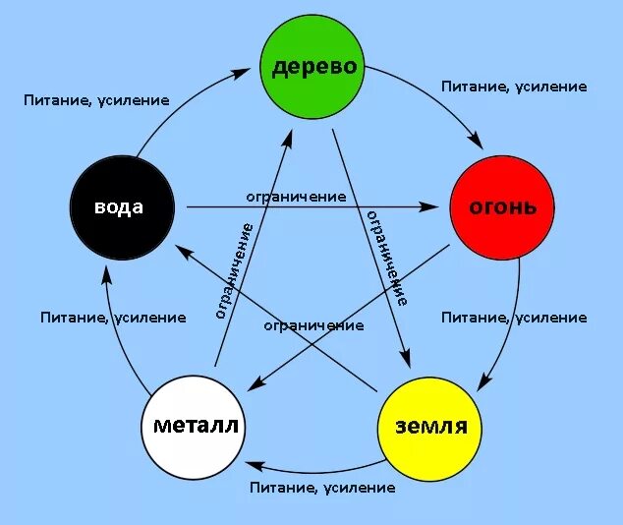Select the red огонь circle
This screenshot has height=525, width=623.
(x=501, y=206)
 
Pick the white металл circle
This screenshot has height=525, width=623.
(x=194, y=425)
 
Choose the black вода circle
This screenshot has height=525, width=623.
(x=122, y=206)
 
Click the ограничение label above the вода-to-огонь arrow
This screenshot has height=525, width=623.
(x=296, y=196)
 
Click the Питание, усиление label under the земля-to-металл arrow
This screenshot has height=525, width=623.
(x=322, y=488)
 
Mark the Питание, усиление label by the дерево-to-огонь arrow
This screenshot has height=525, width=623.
(x=514, y=87)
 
